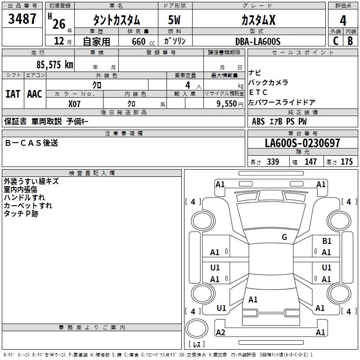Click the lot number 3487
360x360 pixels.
pos(22,19)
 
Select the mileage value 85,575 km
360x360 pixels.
pos(54,64)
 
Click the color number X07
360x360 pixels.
pos(75,103)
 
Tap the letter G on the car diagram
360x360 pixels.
pos(284,237)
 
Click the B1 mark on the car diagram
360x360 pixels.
pos(327,242)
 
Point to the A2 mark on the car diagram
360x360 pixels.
pos(220,332)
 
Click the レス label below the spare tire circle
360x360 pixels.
pos(197,345)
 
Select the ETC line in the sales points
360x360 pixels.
pos(258,92)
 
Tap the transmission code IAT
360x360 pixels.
pos(13,94)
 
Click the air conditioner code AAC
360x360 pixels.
pos(35,94)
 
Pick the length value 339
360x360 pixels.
pos(273,162)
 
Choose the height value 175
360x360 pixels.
pos(346,162)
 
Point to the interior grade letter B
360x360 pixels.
pos(350,41)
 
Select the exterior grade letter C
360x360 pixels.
pos(335,41)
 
